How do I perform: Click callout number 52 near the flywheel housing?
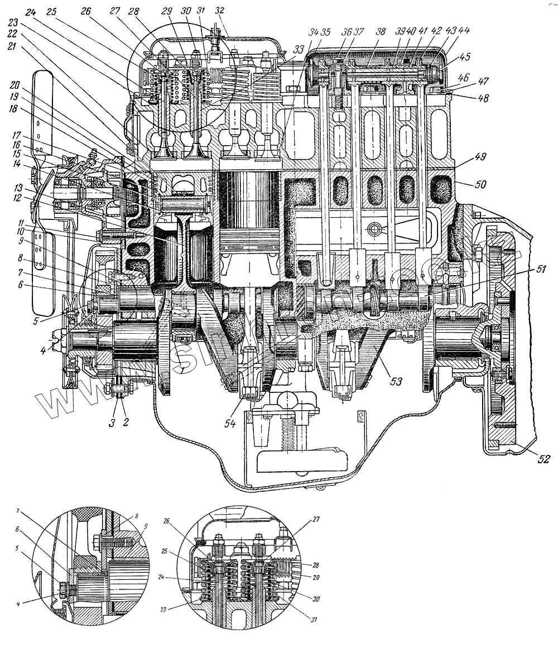coord(543,459)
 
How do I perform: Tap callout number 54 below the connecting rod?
coord(230,423)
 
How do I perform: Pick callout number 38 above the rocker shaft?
coord(381,32)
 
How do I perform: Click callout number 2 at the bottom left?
coord(126,422)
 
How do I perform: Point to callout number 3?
coord(112,422)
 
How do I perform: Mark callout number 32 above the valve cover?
coord(219,11)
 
